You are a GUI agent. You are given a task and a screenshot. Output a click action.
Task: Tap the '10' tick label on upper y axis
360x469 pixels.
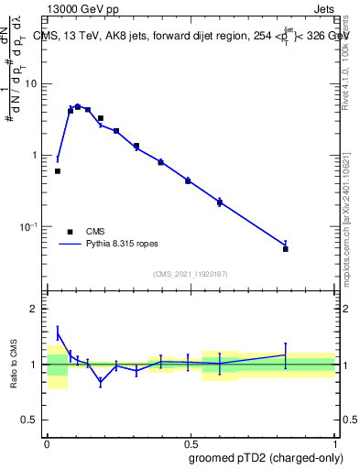(x=31, y=83)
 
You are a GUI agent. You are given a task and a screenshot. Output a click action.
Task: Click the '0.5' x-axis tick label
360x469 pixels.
(x=191, y=442)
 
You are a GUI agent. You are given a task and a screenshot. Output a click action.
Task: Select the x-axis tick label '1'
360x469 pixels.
(x=334, y=442)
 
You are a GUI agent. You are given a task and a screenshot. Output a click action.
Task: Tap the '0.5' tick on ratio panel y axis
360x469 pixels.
(x=30, y=422)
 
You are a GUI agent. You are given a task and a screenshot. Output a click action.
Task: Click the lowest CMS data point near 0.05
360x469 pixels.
(x=58, y=171)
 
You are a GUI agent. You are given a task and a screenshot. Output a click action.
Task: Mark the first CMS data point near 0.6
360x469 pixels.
(x=220, y=202)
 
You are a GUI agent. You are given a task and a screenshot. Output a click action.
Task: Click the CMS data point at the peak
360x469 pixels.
(x=78, y=107)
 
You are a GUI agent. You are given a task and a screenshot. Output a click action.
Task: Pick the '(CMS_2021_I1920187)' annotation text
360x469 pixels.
(x=190, y=274)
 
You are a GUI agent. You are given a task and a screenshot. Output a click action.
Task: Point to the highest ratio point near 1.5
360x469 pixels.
(x=58, y=333)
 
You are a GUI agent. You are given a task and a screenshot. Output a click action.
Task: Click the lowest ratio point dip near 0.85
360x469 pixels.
(x=101, y=382)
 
